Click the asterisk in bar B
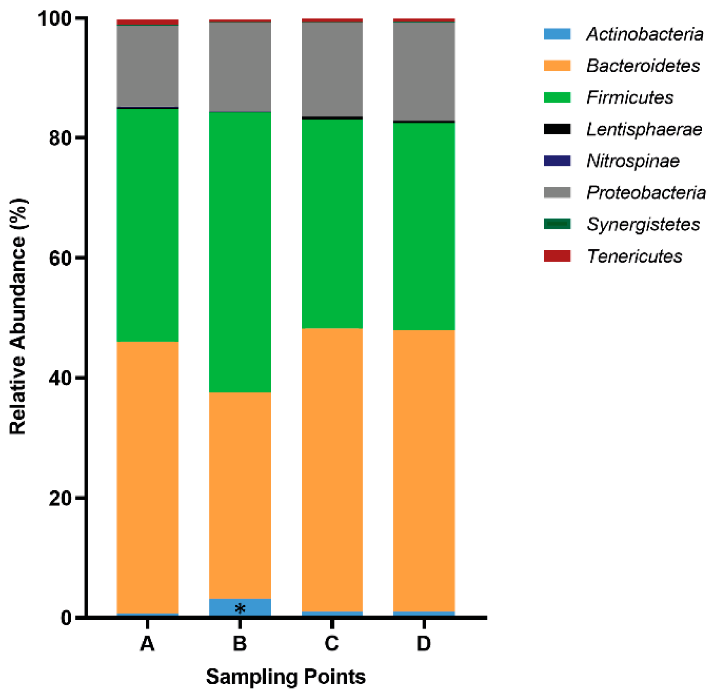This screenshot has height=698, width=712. [x=240, y=608]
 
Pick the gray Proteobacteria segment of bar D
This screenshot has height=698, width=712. [x=424, y=71]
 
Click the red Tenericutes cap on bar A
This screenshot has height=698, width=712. [x=147, y=22]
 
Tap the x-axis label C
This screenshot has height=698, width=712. [x=332, y=644]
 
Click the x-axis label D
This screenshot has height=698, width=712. [x=424, y=644]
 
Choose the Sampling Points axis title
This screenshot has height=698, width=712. [x=286, y=677]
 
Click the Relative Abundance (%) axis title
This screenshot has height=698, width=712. [x=18, y=316]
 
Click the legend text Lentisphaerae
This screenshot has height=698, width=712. [x=644, y=129]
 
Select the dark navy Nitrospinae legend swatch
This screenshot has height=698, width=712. [x=557, y=161]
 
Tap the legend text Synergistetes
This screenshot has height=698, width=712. [x=643, y=224]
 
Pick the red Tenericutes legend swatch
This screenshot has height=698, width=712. [x=557, y=256]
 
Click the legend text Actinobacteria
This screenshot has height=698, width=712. [x=644, y=34]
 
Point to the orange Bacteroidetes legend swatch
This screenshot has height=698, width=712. [x=557, y=66]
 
